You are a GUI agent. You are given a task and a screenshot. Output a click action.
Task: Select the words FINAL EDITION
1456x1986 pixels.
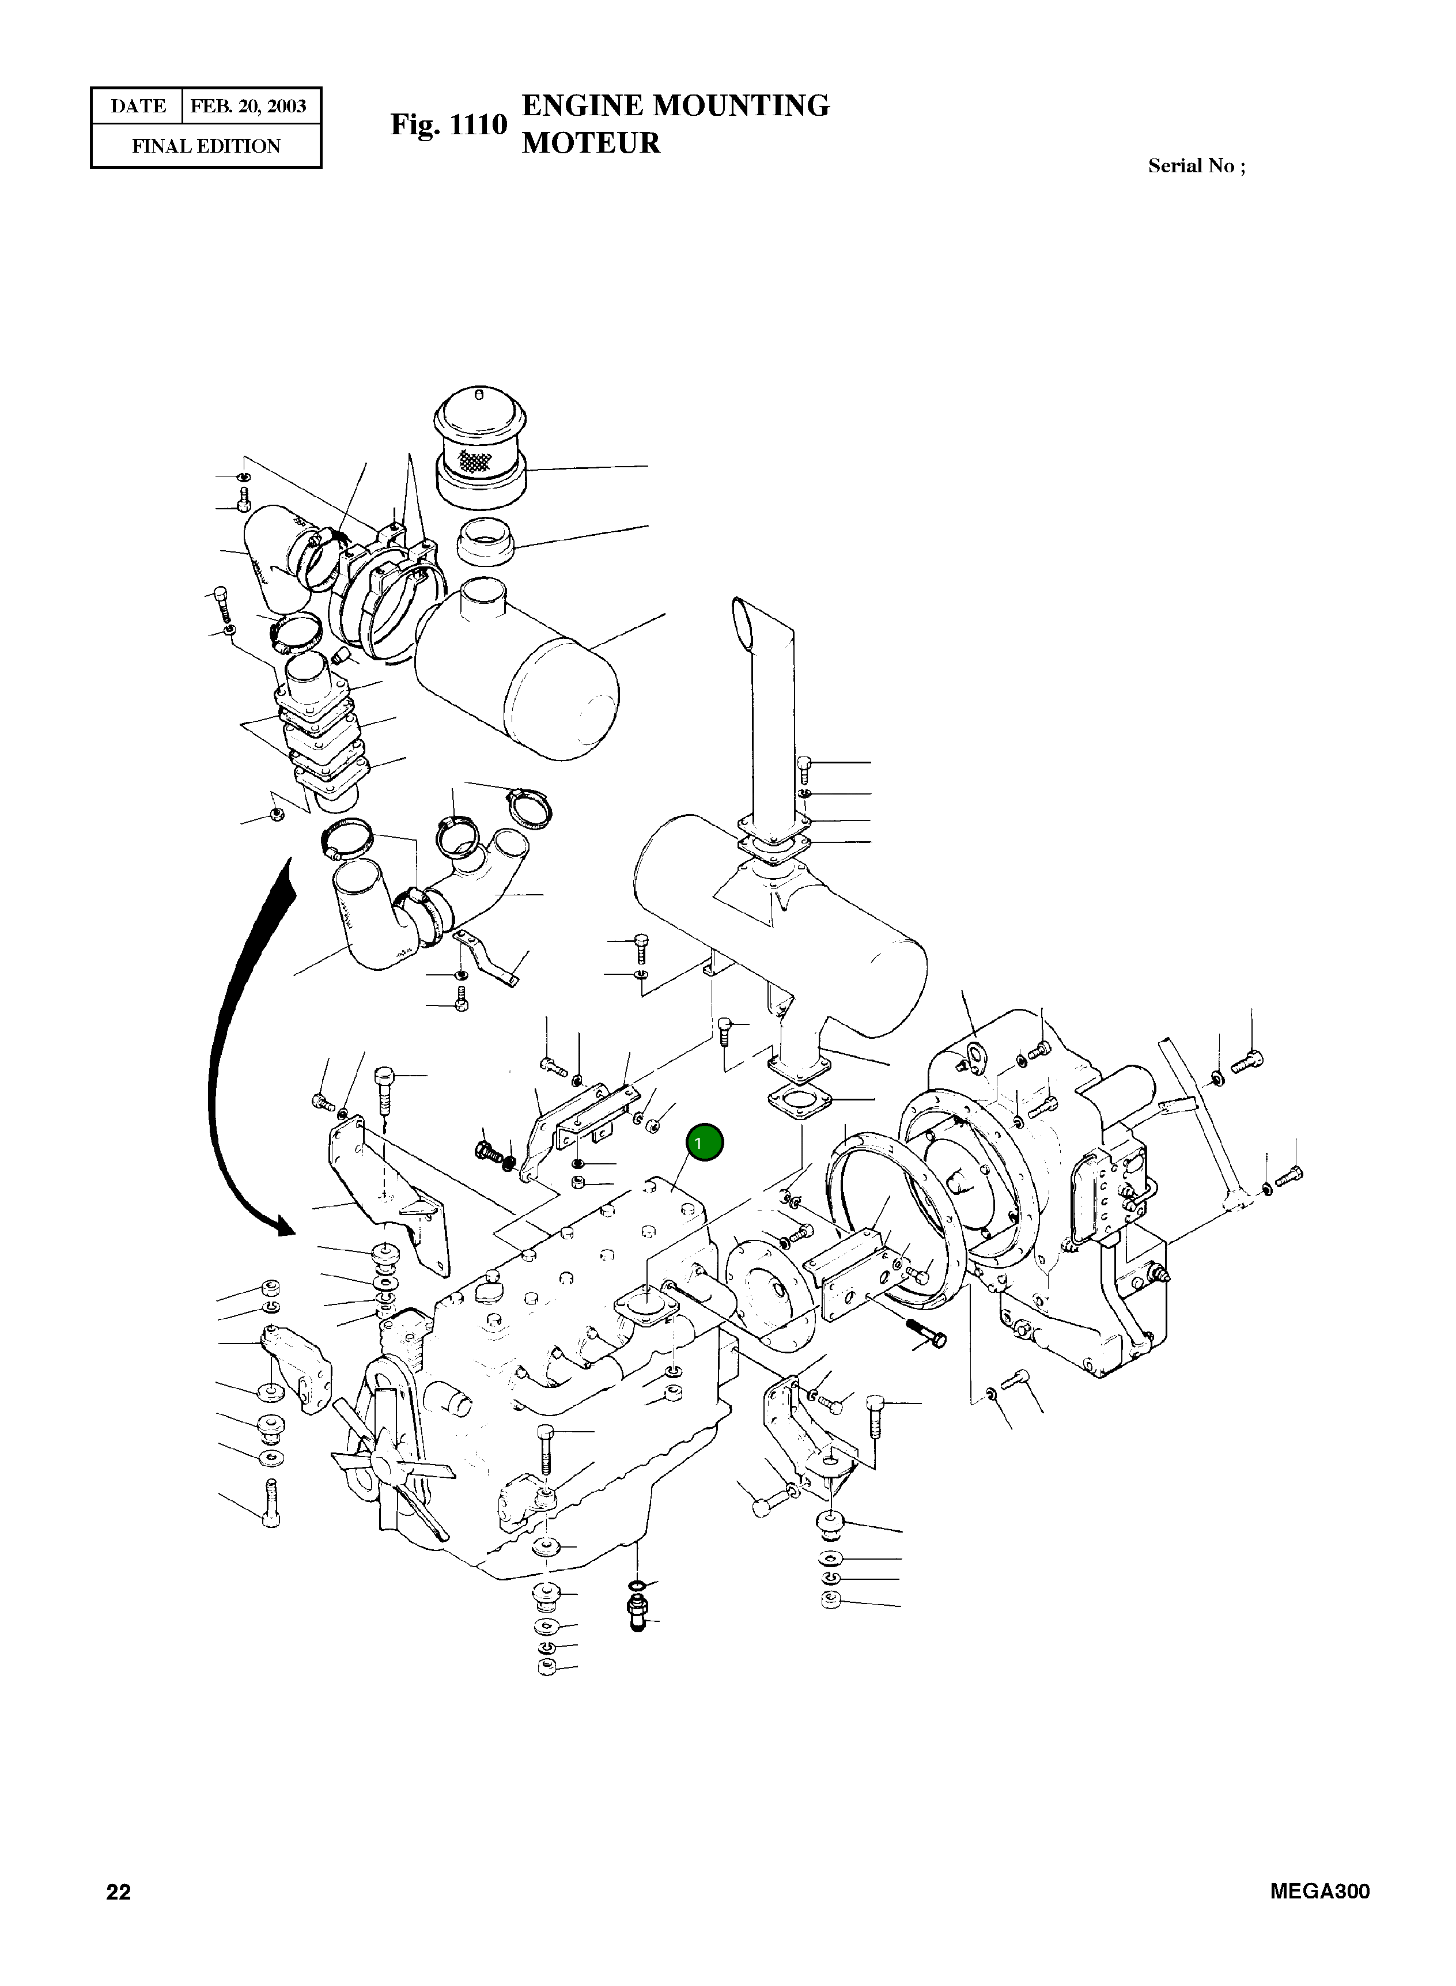[x=206, y=146]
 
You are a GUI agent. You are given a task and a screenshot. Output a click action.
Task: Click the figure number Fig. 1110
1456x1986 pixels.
[x=449, y=124]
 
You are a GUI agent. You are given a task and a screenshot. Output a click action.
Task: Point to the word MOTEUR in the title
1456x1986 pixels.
[x=591, y=143]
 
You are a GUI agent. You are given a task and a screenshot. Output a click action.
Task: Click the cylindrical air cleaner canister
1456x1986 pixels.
[x=520, y=669]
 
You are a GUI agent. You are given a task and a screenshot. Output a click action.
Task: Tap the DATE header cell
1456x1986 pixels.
[x=138, y=107]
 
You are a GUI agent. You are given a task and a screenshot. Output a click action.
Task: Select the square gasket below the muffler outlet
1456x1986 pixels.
[x=796, y=1103]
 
